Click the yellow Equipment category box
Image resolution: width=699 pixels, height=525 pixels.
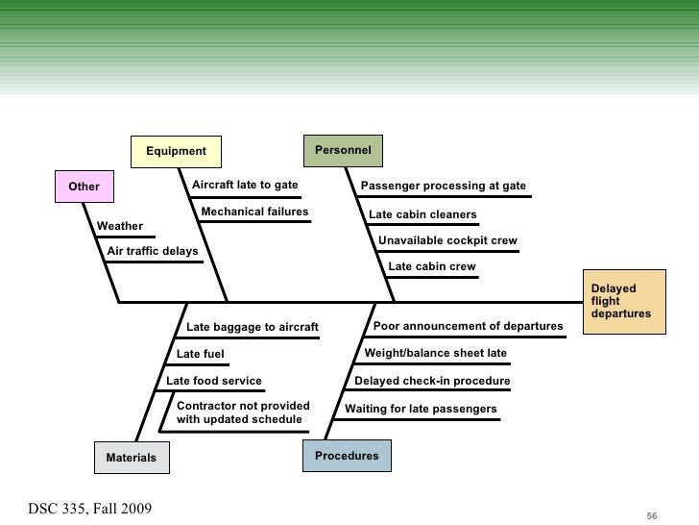pyautogui.click(x=176, y=151)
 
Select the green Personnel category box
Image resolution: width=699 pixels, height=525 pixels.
pyautogui.click(x=343, y=150)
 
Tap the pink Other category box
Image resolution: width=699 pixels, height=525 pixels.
pyautogui.click(x=84, y=186)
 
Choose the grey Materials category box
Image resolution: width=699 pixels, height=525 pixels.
pyautogui.click(x=131, y=458)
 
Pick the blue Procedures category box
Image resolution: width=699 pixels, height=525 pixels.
pyautogui.click(x=347, y=456)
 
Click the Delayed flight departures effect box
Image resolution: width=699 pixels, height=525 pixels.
pyautogui.click(x=626, y=301)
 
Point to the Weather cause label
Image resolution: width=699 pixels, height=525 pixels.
pyautogui.click(x=120, y=227)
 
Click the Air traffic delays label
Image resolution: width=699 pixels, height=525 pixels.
pyautogui.click(x=153, y=251)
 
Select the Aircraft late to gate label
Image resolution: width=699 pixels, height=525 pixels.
pyautogui.click(x=245, y=185)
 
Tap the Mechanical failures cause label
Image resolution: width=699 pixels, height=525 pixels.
pyautogui.click(x=254, y=212)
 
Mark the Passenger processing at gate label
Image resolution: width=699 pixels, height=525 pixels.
pyautogui.click(x=443, y=186)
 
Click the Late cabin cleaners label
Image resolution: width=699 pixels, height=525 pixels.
pyautogui.click(x=422, y=214)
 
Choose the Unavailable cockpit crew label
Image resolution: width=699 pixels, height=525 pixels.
pyautogui.click(x=447, y=240)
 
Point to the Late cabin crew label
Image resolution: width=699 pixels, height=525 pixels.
pyautogui.click(x=431, y=266)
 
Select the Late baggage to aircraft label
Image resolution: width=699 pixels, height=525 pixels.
pyautogui.click(x=252, y=328)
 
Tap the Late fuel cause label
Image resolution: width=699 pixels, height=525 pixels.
pyautogui.click(x=201, y=355)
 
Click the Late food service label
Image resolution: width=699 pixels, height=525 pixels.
pyautogui.click(x=214, y=381)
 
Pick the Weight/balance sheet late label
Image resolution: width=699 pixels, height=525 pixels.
pyautogui.click(x=435, y=353)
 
